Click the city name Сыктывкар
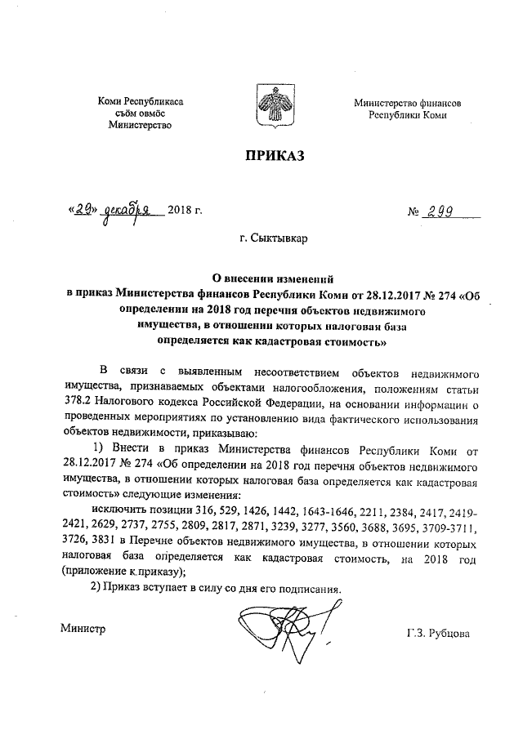tap(280, 239)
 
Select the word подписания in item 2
tap(306, 589)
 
